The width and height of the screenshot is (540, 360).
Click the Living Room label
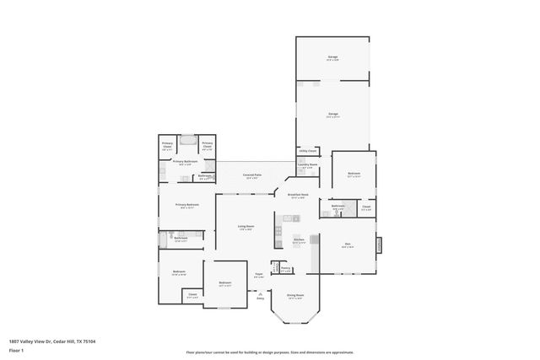246,228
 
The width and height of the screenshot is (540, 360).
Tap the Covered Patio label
252,176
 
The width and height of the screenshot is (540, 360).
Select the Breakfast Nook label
296,196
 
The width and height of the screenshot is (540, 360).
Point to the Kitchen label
299,240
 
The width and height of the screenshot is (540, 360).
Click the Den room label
348,245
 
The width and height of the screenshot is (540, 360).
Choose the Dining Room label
295,296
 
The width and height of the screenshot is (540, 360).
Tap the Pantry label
286,270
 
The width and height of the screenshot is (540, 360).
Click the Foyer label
260,276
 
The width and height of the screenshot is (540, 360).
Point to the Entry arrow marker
260,296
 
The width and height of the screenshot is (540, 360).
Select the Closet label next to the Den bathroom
366,207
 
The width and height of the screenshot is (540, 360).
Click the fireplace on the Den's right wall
379,244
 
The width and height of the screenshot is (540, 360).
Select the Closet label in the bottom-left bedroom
192,295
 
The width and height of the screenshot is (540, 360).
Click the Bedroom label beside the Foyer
224,284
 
